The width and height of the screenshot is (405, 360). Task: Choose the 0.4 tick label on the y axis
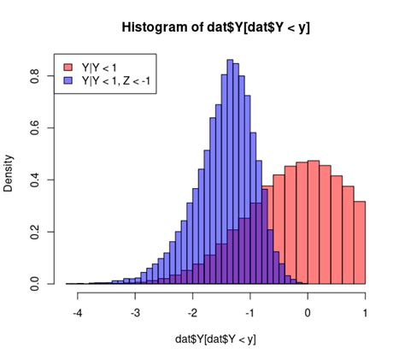point(34,180)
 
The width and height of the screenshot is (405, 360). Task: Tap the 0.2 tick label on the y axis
point(34,232)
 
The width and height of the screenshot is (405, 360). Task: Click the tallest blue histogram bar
point(230,171)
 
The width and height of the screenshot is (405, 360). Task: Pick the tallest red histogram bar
point(314,221)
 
